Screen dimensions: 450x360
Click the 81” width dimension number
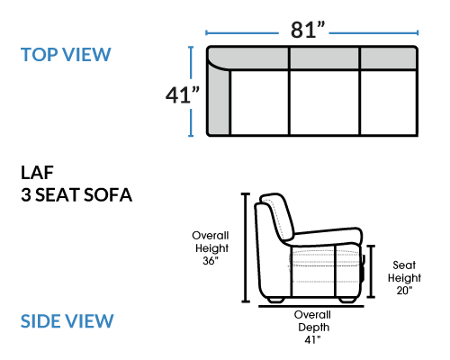click(x=308, y=30)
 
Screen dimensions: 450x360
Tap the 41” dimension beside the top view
click(x=183, y=95)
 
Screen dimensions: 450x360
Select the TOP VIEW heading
click(x=66, y=55)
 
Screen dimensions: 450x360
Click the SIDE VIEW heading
click(x=67, y=321)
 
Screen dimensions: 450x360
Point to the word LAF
click(x=37, y=173)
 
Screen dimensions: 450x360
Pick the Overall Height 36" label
click(x=211, y=248)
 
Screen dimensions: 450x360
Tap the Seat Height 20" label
click(x=404, y=278)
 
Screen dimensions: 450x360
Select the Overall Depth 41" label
click(x=312, y=327)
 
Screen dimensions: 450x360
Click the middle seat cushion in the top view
click(x=324, y=103)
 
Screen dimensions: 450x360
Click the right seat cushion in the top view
click(x=389, y=103)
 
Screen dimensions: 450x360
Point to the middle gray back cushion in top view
click(x=324, y=58)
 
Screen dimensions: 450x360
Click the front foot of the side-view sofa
click(x=347, y=300)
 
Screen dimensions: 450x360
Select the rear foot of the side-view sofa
click(x=275, y=300)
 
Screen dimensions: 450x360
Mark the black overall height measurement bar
click(x=246, y=247)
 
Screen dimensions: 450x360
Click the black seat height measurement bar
click(x=371, y=271)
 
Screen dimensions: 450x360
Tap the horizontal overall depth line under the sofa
click(x=311, y=306)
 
